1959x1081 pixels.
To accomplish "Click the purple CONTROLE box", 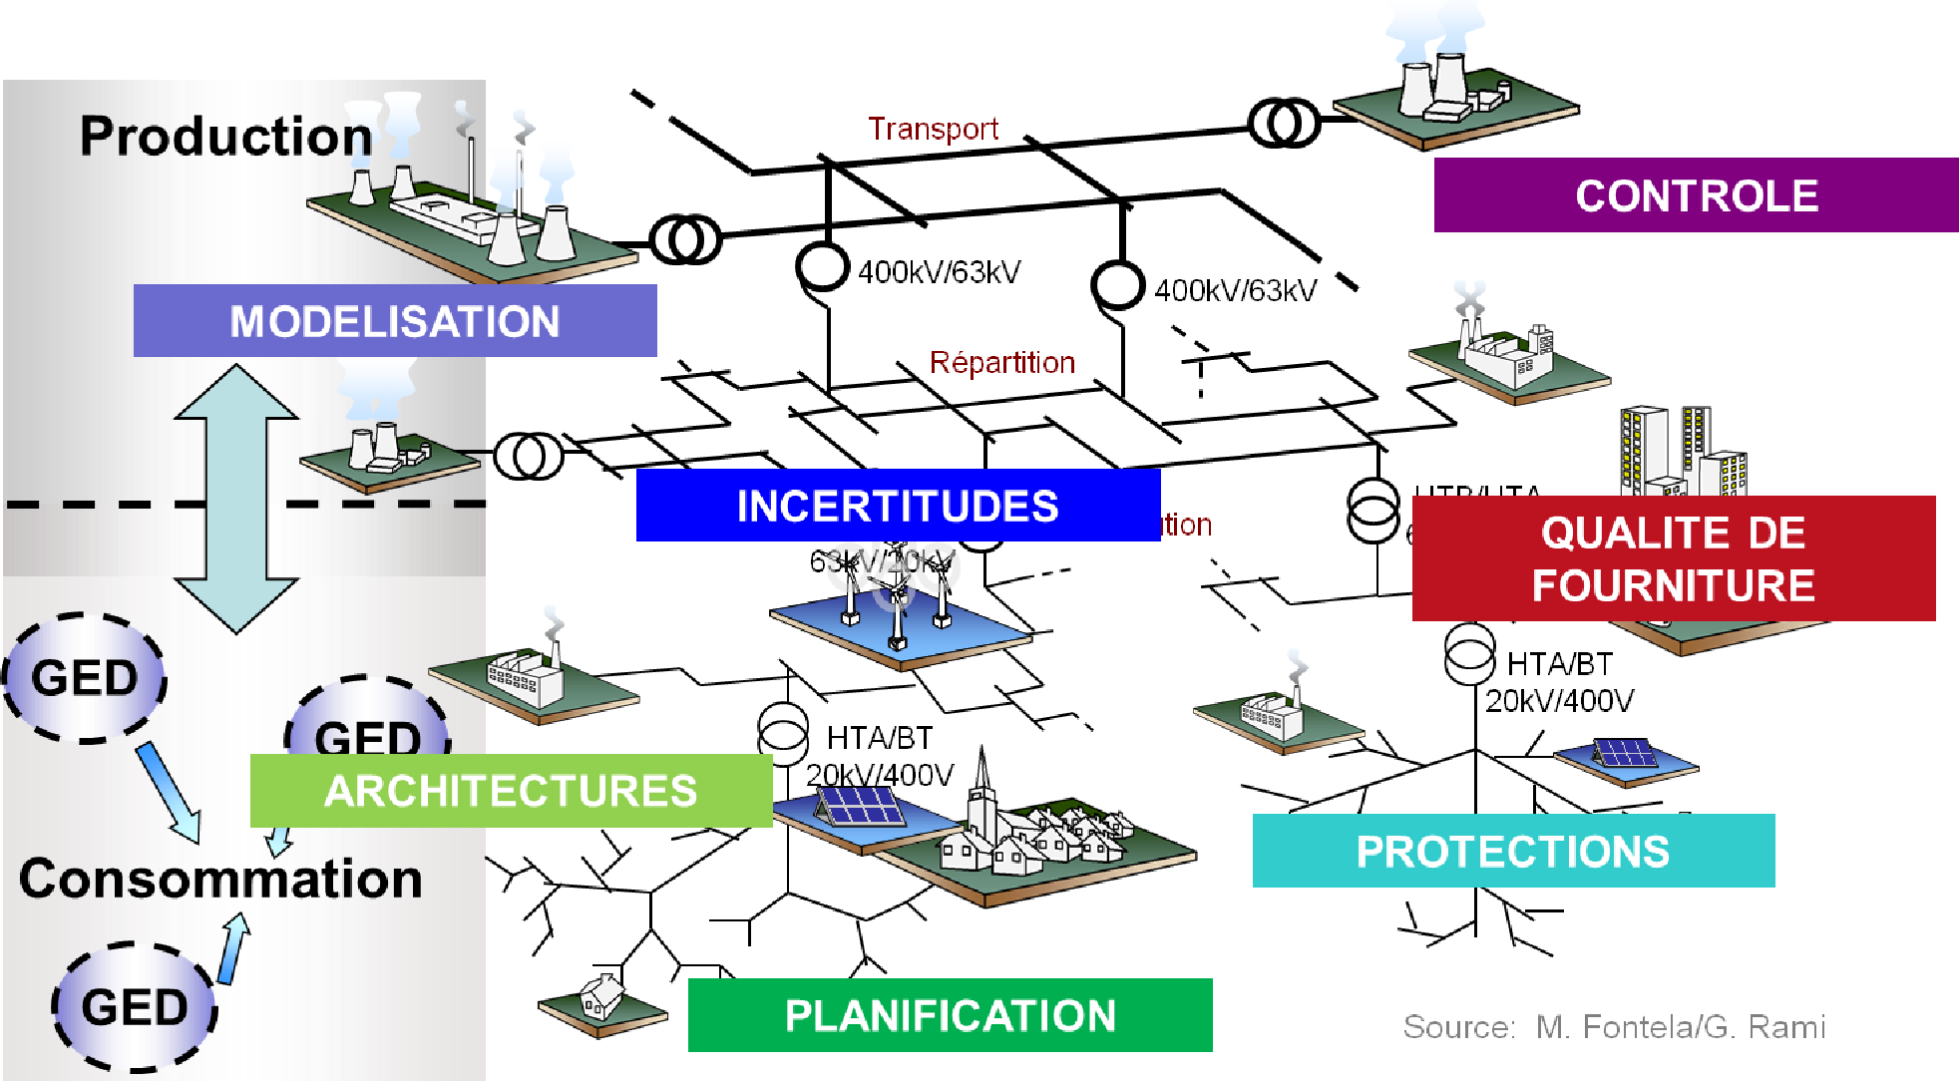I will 1696,195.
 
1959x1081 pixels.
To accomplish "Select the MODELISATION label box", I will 395,321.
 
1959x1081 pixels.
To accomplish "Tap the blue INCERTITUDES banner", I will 898,506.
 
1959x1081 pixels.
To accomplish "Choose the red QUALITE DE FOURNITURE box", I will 1673,558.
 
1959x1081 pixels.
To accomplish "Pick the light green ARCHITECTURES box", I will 511,791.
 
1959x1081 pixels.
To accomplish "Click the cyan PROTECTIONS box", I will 1513,852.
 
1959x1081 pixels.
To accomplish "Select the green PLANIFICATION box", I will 950,1015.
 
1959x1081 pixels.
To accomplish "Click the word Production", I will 225,137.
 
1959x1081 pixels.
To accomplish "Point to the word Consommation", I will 220,879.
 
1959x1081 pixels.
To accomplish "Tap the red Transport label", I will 933,129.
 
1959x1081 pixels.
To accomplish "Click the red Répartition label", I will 1001,362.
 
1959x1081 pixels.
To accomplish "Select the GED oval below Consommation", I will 135,1007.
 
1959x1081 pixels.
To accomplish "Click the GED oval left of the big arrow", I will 85,678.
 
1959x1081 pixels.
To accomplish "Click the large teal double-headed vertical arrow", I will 236,499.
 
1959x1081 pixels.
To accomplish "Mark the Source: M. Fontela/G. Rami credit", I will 1614,1027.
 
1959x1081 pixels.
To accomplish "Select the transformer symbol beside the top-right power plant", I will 1284,124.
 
